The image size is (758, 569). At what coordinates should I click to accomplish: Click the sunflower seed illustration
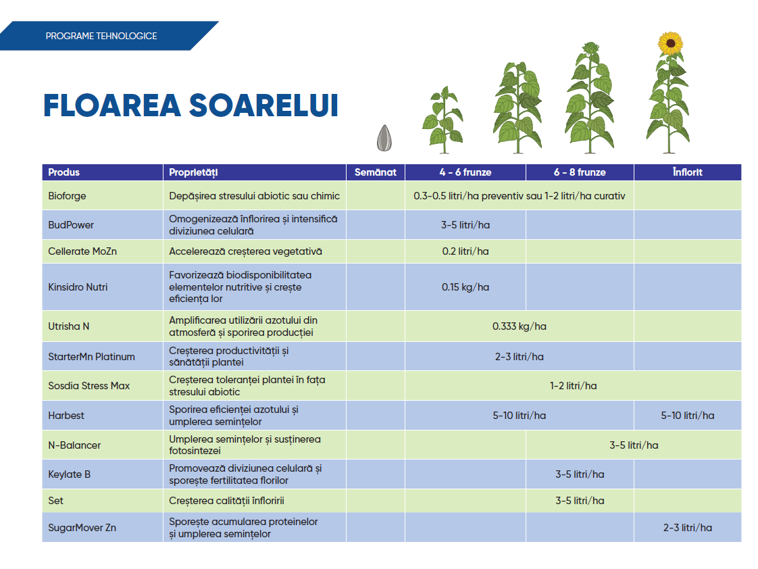384,138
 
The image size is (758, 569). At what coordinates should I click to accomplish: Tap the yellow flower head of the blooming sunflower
670,43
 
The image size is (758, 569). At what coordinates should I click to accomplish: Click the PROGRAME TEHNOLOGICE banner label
101,36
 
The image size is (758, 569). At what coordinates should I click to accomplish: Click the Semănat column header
376,172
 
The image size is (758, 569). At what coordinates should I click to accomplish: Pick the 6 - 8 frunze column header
580,172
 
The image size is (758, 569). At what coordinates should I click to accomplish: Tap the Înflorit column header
687,172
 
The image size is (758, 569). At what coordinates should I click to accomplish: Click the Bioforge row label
68,196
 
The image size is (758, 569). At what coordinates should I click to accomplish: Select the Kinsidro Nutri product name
78,287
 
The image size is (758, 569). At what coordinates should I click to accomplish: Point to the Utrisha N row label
69,326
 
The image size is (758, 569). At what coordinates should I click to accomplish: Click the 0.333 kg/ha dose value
519,326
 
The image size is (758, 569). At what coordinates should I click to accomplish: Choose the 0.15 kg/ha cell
465,287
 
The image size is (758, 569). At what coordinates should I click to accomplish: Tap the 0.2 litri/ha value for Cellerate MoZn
465,251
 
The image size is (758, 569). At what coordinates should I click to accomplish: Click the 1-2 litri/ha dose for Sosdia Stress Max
573,386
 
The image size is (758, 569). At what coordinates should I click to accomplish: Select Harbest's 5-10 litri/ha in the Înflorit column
687,416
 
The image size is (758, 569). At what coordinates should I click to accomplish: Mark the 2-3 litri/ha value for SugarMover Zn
687,528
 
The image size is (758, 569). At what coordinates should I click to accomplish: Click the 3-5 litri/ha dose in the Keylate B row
580,474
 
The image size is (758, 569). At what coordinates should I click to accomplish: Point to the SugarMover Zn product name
82,528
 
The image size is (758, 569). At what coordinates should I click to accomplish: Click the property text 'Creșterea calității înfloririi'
231,501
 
